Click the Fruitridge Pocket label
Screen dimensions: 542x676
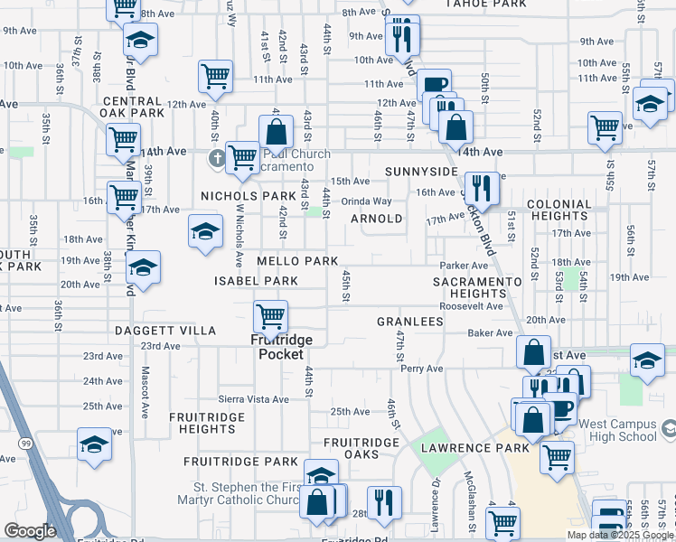[281, 347]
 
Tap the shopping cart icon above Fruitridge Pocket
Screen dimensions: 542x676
[271, 317]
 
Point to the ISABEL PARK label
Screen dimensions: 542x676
[256, 281]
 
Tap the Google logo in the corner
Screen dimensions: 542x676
[30, 531]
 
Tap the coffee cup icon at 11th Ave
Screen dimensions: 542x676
[434, 84]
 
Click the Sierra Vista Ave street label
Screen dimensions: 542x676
[253, 399]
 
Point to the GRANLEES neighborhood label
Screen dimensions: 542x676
[409, 322]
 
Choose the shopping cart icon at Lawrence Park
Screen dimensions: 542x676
[557, 457]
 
